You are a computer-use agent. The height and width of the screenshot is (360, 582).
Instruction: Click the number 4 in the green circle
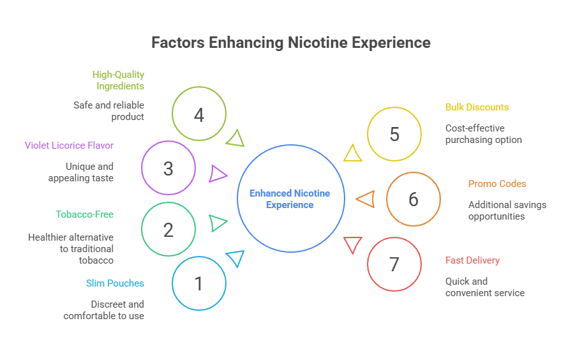point(199,115)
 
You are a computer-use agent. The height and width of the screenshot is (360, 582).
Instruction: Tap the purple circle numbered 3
point(168,169)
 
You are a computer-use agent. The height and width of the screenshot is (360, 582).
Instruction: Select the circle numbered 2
point(168,229)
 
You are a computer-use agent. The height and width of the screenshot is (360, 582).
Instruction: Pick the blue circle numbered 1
point(199,283)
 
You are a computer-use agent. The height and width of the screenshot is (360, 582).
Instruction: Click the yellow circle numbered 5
point(394,134)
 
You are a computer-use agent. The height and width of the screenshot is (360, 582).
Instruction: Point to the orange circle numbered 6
point(414,199)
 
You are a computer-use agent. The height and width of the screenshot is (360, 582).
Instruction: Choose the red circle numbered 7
point(394,264)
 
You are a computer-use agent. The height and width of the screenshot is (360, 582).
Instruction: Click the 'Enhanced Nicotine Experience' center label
point(290,199)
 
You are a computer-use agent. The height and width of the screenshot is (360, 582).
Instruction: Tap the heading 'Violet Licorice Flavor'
point(70,146)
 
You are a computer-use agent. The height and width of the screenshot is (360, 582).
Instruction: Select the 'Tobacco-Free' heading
point(85,214)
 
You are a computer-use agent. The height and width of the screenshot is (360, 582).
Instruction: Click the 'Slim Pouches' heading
point(115,283)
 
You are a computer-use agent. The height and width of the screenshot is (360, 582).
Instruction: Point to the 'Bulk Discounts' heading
point(477,107)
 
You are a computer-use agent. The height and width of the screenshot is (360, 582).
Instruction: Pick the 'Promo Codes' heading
point(497,184)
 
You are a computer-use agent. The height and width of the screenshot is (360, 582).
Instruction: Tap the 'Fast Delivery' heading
point(472,260)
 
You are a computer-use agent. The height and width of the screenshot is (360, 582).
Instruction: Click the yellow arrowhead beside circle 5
point(352,154)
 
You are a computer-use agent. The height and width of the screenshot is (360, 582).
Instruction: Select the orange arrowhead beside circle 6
point(366,199)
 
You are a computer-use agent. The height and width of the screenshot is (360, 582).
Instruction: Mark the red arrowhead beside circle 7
point(352,244)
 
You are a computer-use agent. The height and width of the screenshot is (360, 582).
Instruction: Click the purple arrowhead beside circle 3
point(218,173)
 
